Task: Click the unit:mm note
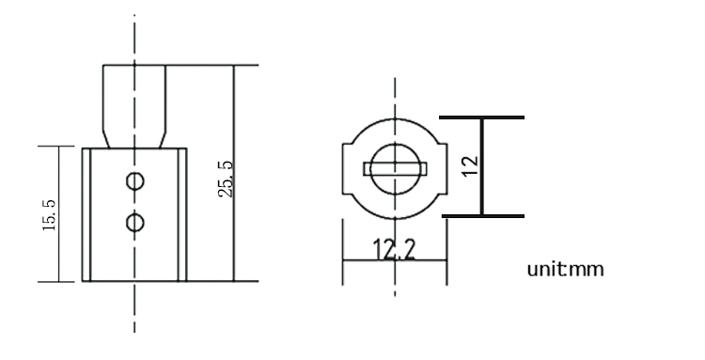click(567, 270)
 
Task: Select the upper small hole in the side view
click(135, 179)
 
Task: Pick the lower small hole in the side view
click(135, 222)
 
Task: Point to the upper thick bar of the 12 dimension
click(482, 118)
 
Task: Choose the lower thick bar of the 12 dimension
click(482, 216)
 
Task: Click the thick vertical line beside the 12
click(483, 188)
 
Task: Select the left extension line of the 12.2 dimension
click(342, 254)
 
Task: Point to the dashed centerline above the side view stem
click(134, 38)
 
